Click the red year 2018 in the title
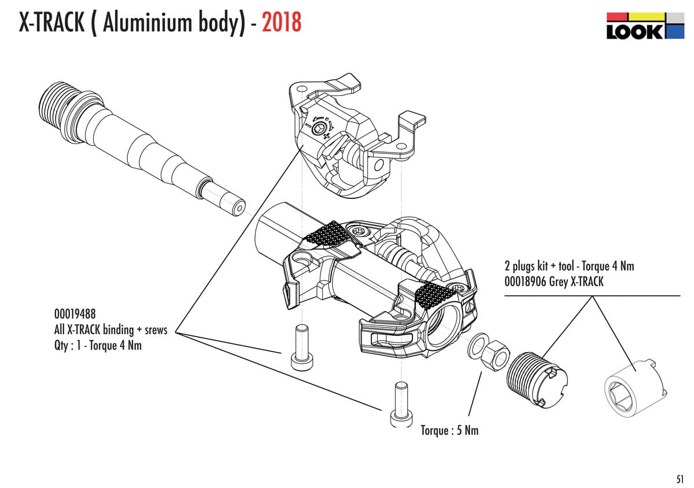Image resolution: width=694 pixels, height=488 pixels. [x=282, y=23]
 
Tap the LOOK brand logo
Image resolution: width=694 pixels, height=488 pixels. [x=645, y=26]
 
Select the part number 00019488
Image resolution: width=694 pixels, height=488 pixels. [x=75, y=314]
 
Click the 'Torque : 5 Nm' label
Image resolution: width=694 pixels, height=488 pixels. [x=449, y=430]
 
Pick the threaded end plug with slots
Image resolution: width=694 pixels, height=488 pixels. [x=537, y=379]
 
